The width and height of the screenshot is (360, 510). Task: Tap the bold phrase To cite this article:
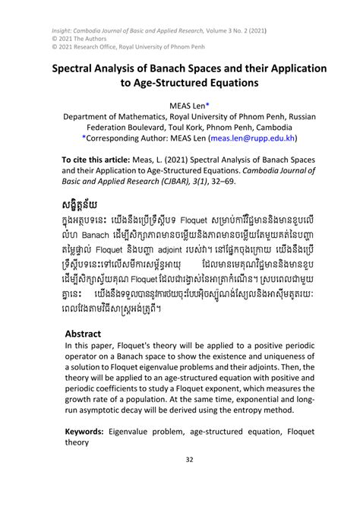coord(92,162)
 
